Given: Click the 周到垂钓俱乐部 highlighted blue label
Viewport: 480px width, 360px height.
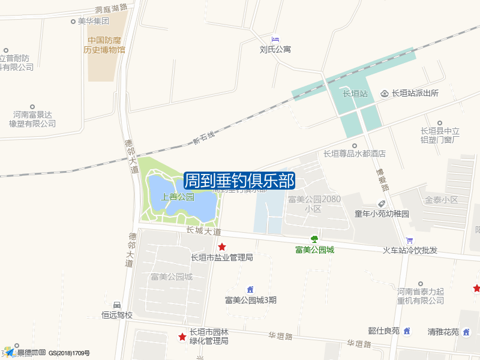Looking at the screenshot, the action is [239, 180].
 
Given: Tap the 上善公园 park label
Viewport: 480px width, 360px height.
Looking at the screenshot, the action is [178, 197].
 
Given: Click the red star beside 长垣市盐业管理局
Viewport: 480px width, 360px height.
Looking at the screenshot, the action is [222, 247].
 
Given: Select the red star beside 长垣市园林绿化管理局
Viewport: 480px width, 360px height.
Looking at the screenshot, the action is [182, 337].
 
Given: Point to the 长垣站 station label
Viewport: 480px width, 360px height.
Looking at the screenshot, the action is [355, 94].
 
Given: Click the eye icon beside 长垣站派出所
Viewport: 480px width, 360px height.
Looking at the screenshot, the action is [385, 93].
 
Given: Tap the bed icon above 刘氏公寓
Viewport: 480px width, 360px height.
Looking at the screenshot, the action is [275, 39].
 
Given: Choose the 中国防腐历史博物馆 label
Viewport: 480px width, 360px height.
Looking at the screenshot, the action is [104, 46].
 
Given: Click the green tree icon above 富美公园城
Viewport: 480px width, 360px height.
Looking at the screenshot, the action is [314, 239].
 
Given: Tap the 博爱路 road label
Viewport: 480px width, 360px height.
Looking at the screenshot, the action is [383, 179].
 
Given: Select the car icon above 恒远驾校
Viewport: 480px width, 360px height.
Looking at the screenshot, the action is [117, 305].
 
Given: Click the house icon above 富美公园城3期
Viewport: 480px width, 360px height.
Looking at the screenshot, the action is [250, 290].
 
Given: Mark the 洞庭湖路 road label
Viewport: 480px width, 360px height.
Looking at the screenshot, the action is [112, 9].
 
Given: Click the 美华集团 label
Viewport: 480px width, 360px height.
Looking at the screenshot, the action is [94, 21].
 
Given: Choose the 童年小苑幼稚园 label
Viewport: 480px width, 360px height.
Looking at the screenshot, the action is [382, 214].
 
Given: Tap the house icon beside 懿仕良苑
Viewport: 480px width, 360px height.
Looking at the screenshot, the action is [407, 331].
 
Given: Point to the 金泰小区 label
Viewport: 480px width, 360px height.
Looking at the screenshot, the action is [441, 199].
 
